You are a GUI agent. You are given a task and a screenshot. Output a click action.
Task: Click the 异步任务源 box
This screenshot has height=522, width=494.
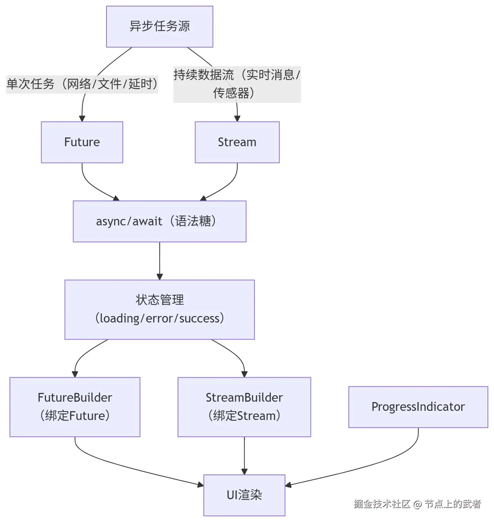coord(159,27)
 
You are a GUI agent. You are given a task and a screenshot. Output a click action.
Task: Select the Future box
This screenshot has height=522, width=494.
coord(82,142)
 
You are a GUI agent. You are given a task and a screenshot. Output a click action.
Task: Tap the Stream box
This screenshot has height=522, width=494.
coord(237,142)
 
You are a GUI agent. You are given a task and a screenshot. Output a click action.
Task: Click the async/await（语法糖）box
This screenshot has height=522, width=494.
coord(159,221)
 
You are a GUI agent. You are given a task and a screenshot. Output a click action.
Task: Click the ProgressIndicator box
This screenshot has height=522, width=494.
coord(418,407)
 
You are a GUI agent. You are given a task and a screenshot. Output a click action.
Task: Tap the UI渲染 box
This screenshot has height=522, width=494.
coord(244,495)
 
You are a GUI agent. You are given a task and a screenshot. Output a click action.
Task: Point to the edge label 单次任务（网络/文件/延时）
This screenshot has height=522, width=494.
coord(82,84)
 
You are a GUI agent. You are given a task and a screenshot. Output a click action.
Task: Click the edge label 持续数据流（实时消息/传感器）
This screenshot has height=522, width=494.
coord(237,84)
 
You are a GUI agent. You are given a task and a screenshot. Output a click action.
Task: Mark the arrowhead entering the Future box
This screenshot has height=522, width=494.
coord(82,118)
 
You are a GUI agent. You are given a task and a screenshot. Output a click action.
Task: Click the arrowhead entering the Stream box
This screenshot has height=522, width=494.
coord(237,118)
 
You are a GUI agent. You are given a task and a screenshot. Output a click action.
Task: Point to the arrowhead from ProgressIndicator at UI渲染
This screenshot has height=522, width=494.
coord(289,485)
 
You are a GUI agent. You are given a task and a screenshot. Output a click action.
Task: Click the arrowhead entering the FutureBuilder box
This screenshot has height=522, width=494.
coord(75,374)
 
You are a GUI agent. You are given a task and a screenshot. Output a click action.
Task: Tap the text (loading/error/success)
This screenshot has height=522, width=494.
coord(159,318)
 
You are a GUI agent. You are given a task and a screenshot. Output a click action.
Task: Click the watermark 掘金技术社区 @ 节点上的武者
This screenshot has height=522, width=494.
coord(417,504)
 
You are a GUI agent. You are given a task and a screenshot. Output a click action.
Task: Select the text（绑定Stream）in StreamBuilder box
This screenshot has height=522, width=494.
coord(244,416)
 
